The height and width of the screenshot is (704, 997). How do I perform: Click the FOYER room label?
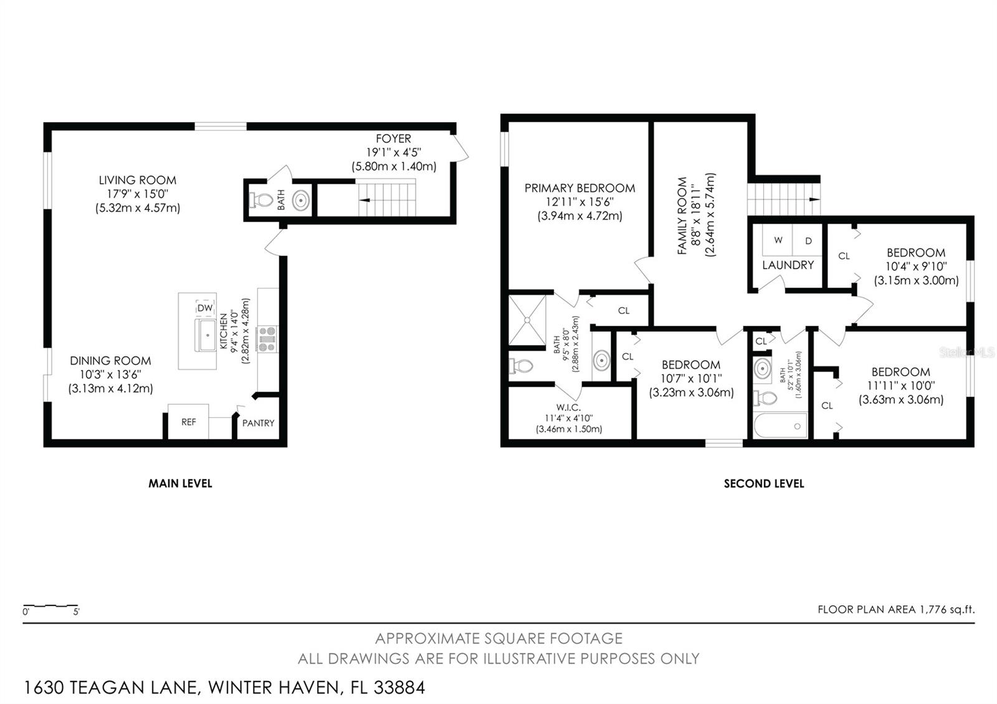click(393, 139)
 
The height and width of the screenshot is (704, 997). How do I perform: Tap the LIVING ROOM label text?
click(137, 181)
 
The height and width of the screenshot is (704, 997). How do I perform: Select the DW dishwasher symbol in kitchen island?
click(205, 308)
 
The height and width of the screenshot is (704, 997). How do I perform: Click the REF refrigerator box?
click(188, 422)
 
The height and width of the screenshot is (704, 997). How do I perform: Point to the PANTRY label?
click(258, 423)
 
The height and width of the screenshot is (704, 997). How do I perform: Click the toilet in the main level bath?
click(262, 201)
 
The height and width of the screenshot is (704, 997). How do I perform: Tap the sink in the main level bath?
click(302, 201)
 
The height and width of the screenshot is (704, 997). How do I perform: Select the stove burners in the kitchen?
click(267, 340)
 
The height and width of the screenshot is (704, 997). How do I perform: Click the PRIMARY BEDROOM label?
click(580, 188)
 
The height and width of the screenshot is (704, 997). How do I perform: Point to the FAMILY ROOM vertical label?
click(682, 216)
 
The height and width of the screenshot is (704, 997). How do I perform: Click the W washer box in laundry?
click(778, 240)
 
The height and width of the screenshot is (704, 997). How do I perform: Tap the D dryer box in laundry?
click(808, 240)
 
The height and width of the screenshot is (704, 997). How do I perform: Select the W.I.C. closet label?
click(568, 407)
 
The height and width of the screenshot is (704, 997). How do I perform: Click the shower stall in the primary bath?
click(527, 320)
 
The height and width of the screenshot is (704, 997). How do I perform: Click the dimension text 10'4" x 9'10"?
click(916, 267)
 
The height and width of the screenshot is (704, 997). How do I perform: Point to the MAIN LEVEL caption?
click(180, 483)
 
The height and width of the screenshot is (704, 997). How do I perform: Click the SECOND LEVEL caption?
click(764, 483)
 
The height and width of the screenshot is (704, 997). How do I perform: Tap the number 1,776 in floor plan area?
click(933, 610)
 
